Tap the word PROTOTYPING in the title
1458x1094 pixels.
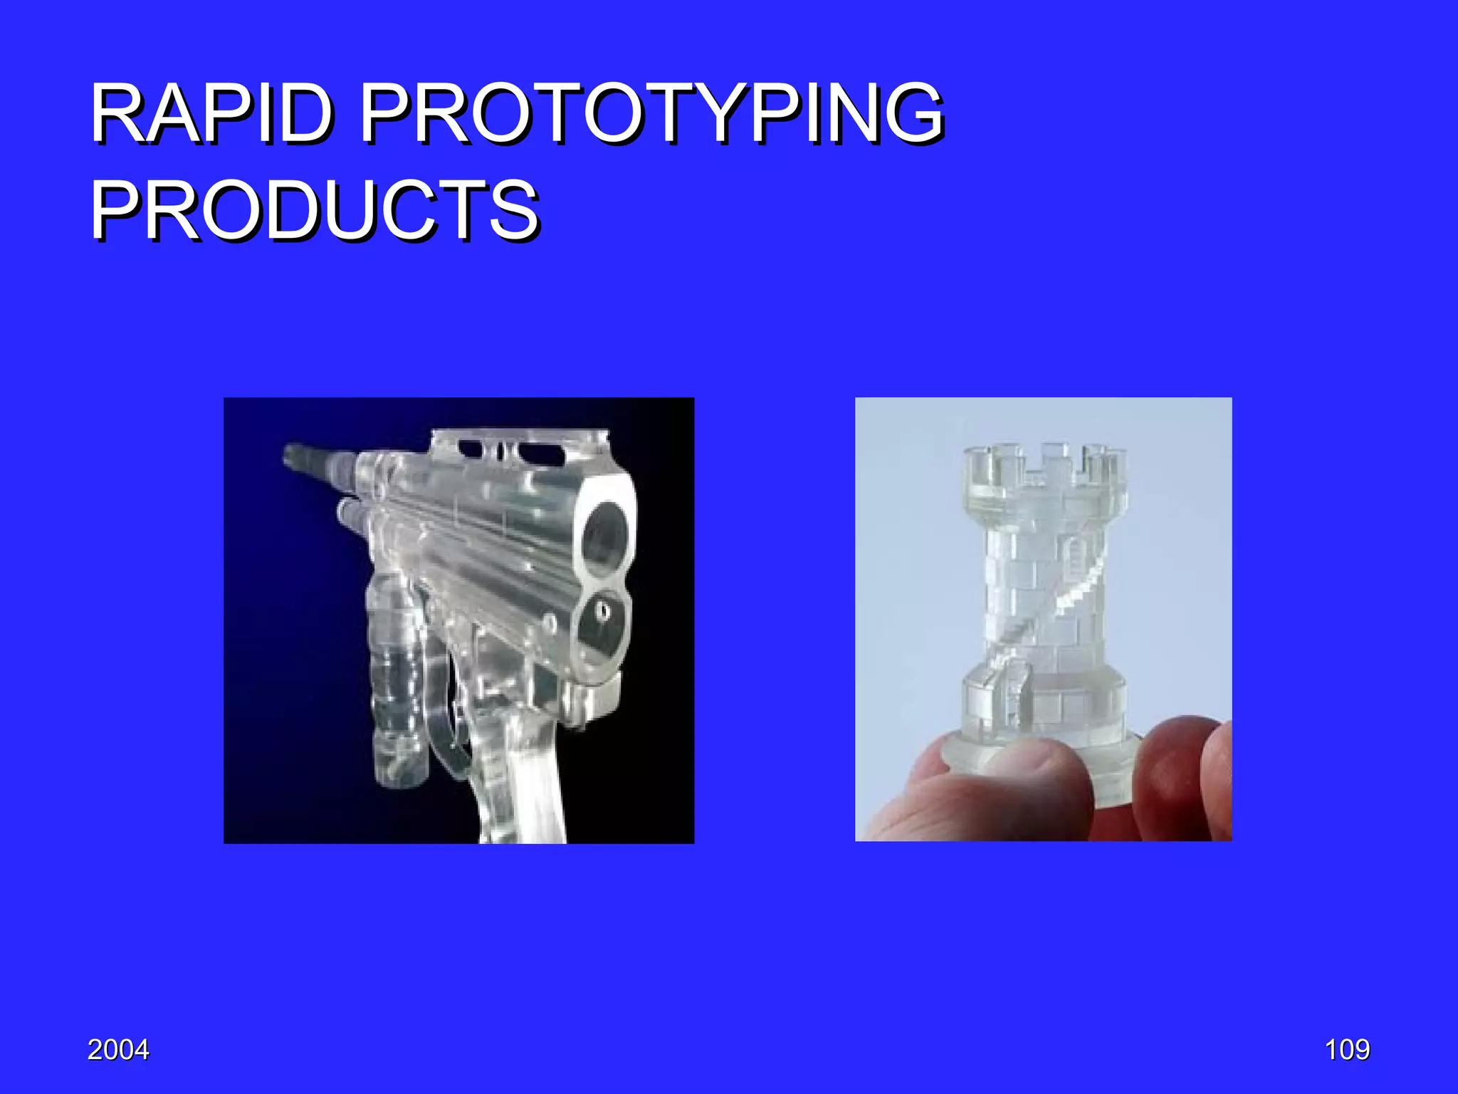(x=652, y=114)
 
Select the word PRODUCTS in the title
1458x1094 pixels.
(x=314, y=210)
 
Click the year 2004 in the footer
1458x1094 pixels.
(x=118, y=1050)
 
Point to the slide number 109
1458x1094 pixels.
(x=1347, y=1050)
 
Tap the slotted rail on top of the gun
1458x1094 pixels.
(x=520, y=449)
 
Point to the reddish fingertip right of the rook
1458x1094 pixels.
(x=1175, y=769)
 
